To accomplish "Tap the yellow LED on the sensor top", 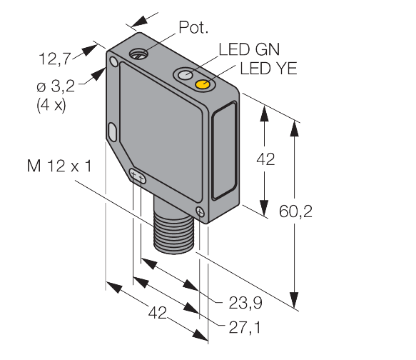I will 203,85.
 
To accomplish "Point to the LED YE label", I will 268,69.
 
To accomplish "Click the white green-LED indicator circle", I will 186,75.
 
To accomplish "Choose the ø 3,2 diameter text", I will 58,89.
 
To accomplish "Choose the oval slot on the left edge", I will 113,131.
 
